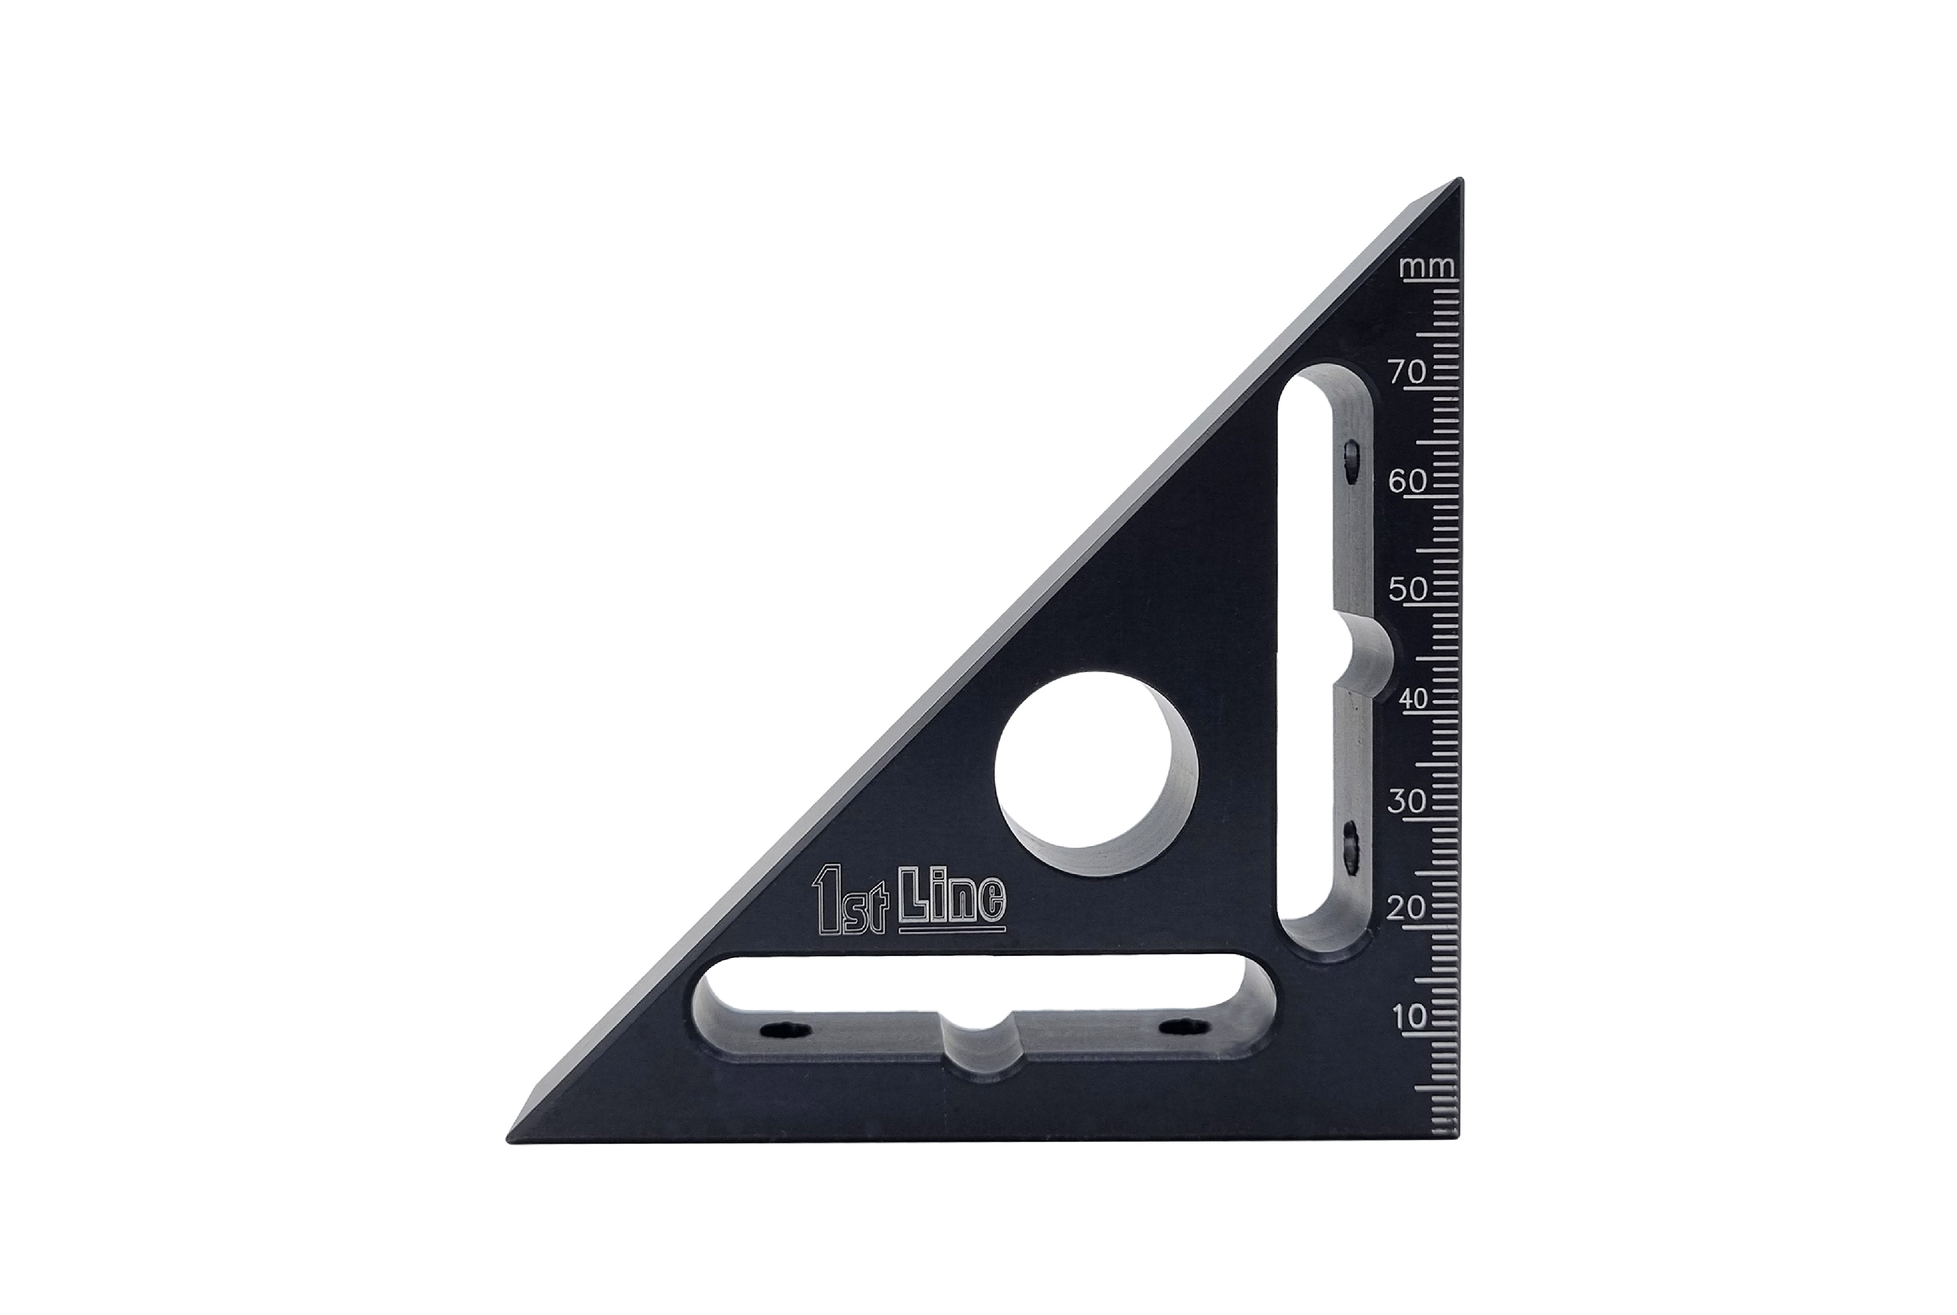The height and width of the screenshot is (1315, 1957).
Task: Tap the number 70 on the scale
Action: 1407,371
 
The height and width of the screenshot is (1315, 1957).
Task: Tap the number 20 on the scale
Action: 1407,908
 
